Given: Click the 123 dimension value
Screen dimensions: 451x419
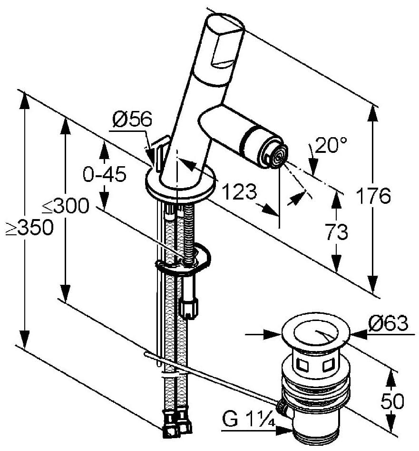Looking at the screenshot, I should point(239,193).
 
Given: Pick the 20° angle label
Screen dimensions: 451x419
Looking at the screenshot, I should point(331,145).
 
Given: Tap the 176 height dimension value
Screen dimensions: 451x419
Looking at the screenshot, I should point(374,196).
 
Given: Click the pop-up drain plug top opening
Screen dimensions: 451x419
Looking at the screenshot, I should point(315,333).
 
